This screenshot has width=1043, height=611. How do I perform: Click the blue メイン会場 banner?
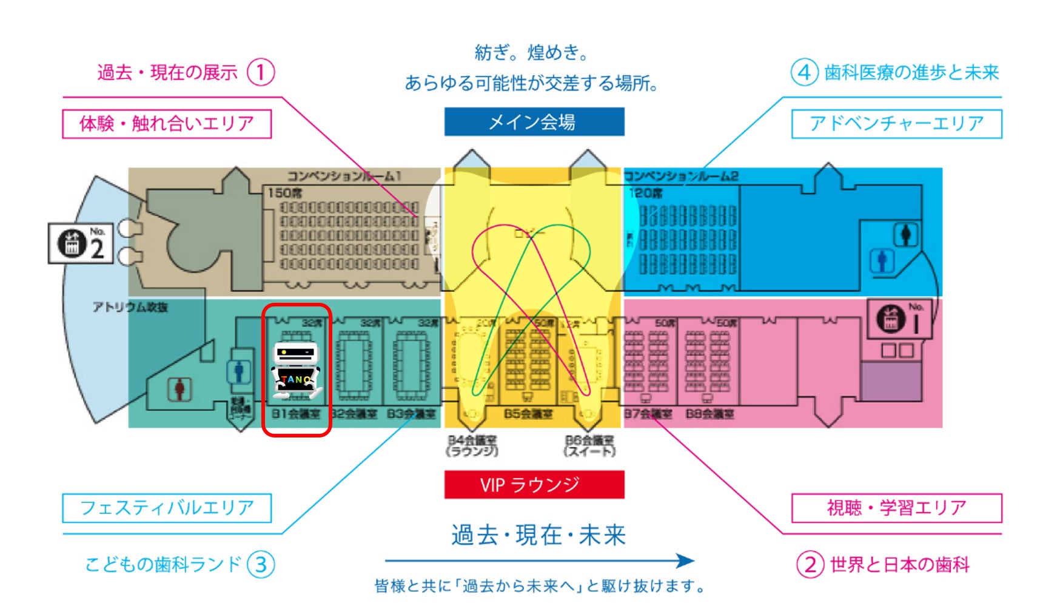(x=534, y=122)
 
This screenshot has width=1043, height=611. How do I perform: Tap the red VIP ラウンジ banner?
(x=534, y=485)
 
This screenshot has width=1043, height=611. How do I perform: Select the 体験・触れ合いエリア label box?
(x=167, y=124)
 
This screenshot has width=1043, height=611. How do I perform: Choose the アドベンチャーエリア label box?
(x=896, y=124)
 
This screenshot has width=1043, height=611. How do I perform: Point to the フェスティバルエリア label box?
(x=167, y=508)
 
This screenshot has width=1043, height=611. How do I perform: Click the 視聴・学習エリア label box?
(x=896, y=508)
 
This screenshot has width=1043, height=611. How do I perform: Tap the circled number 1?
(x=261, y=73)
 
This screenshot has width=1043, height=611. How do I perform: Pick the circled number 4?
(x=804, y=73)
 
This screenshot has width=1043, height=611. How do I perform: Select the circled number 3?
(x=261, y=565)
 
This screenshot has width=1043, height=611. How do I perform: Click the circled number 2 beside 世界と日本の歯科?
(x=810, y=565)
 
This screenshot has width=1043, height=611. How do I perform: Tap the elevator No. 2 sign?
(x=81, y=243)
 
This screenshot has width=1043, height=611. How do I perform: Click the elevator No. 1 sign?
(x=900, y=319)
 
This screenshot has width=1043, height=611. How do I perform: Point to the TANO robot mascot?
(x=297, y=371)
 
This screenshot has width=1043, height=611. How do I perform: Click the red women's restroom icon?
(x=179, y=389)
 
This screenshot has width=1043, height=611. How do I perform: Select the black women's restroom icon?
(x=905, y=234)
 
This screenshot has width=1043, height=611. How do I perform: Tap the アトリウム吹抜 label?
(x=130, y=307)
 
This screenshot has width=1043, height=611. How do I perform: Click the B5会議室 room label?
(x=528, y=414)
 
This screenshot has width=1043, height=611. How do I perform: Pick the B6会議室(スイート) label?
(x=589, y=446)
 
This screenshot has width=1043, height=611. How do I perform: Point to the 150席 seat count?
(x=284, y=193)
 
